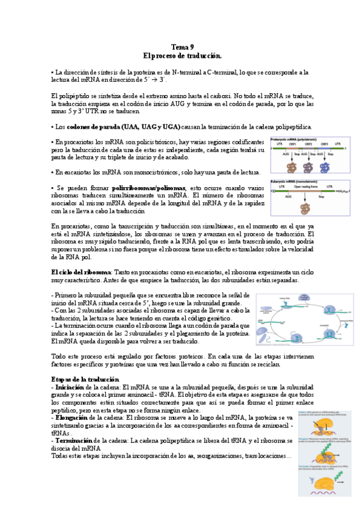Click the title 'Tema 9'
183,47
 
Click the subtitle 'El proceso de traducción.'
183,55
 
